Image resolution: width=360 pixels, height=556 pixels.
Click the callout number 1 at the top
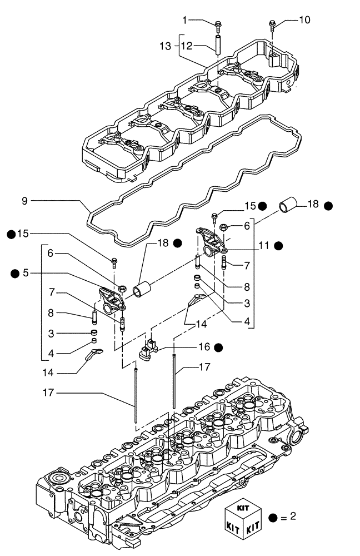(x=185, y=21)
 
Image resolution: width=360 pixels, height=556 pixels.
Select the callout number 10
(x=304, y=21)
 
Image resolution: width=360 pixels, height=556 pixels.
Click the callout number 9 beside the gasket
(x=24, y=200)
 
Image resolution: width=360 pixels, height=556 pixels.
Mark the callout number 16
(x=204, y=347)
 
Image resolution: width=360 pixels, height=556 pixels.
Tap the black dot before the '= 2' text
(x=273, y=517)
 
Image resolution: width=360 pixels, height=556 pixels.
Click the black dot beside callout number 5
(x=14, y=273)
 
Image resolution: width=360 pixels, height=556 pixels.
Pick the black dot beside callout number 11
(x=278, y=245)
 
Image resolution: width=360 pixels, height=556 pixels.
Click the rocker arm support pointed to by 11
(x=207, y=240)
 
